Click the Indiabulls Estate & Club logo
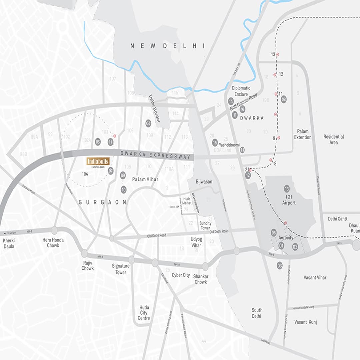(98, 162)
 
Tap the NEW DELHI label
(168, 46)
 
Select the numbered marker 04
(148, 123)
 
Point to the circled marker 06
(98, 142)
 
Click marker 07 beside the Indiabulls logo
(111, 171)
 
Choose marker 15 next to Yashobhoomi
(215, 142)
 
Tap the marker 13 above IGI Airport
(287, 189)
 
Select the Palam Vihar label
(145, 179)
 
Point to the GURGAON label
(103, 202)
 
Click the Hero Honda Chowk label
(53, 243)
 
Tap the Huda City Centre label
(144, 313)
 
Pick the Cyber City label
(181, 275)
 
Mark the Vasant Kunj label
(306, 322)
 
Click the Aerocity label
(286, 238)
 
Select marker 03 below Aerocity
(280, 265)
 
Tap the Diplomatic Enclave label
(241, 91)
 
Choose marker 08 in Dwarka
(284, 99)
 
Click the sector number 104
(85, 174)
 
